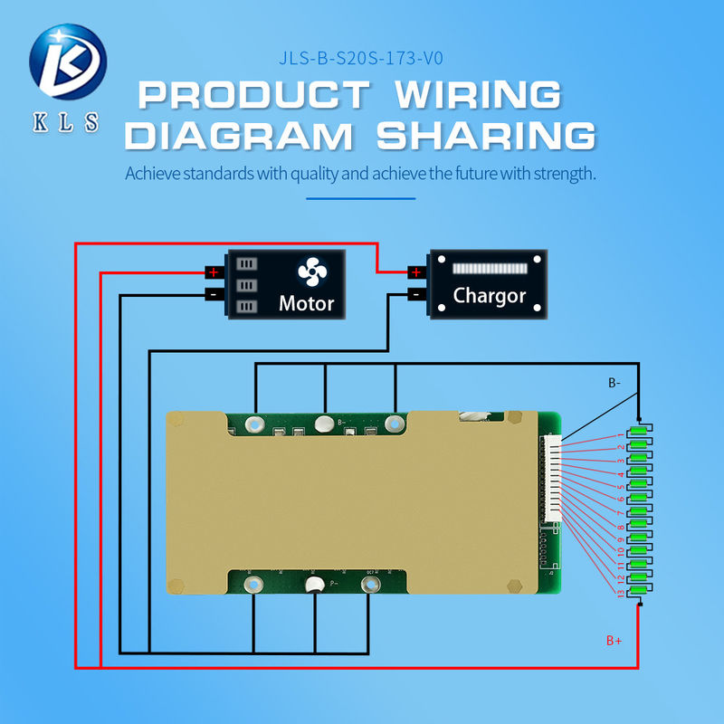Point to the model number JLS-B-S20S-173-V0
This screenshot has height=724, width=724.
[361, 61]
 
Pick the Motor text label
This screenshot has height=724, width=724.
[307, 303]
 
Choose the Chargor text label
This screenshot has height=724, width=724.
[490, 296]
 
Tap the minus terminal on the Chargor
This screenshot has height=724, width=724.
[414, 294]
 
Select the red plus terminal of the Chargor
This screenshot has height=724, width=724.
[414, 271]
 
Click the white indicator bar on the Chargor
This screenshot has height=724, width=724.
[489, 270]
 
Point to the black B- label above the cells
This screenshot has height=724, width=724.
[614, 383]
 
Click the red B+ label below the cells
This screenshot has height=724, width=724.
[614, 640]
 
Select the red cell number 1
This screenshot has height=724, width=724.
[619, 437]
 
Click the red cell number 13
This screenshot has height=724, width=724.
[620, 593]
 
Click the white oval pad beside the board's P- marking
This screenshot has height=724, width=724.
[315, 587]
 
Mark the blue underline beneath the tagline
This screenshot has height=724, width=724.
[360, 197]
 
